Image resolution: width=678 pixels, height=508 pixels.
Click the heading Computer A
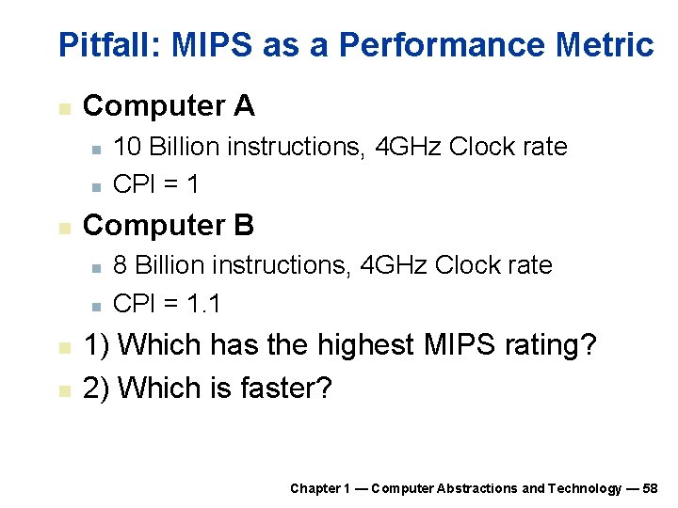click(x=169, y=105)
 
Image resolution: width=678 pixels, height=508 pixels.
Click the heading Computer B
click(x=169, y=225)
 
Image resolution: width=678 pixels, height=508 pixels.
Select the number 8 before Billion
click(x=120, y=265)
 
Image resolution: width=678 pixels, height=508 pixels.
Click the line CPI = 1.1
click(x=167, y=303)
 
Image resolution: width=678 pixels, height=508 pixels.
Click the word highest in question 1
click(x=365, y=345)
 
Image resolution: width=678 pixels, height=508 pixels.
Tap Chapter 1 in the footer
click(x=320, y=488)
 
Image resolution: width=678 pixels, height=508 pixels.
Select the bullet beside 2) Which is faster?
click(x=63, y=389)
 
